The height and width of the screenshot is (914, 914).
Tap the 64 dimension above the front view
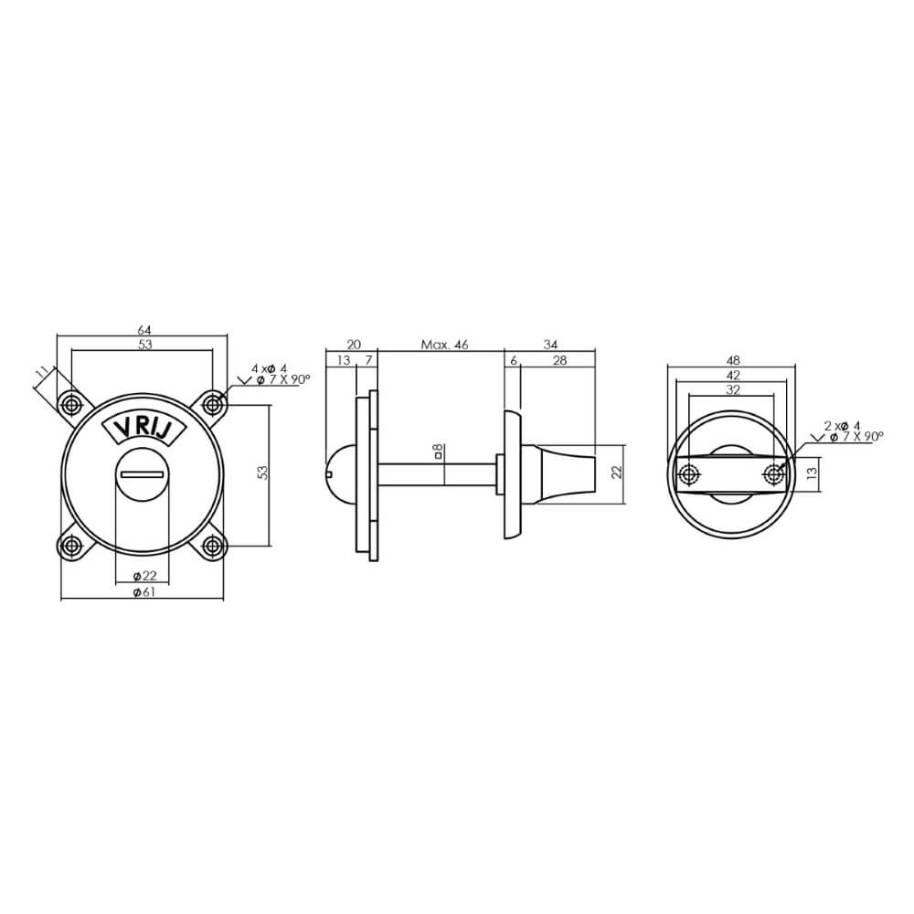click(x=143, y=329)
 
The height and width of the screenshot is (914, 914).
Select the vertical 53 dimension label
click(x=262, y=473)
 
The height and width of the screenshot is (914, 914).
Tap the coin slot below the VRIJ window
click(x=142, y=473)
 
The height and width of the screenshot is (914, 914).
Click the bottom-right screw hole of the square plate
click(x=213, y=546)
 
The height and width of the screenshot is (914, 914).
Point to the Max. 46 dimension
click(x=444, y=345)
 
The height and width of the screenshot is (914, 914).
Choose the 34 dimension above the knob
click(x=550, y=345)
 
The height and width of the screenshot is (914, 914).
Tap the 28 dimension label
click(x=559, y=361)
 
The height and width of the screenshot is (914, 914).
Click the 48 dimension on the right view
click(x=731, y=360)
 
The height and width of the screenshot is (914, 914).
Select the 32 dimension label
click(x=731, y=389)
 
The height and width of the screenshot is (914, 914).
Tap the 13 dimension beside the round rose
click(x=812, y=473)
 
